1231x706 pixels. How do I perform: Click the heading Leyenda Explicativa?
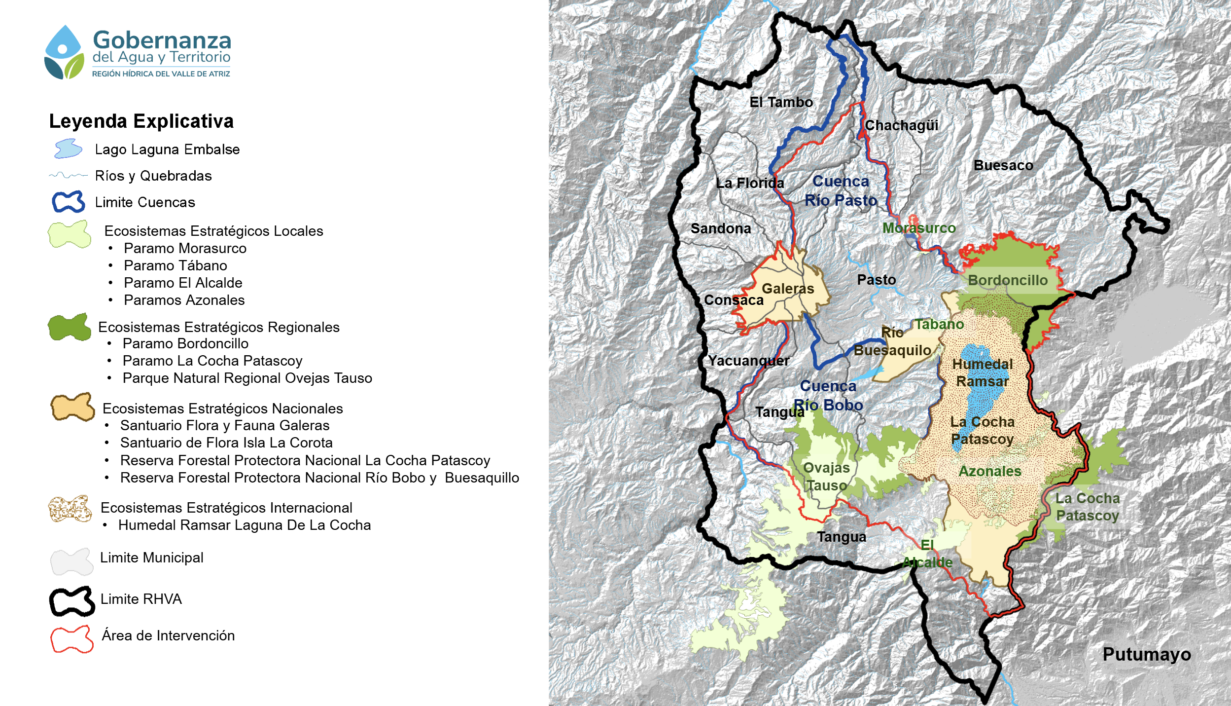[141, 121]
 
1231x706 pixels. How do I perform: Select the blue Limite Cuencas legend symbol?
[69, 202]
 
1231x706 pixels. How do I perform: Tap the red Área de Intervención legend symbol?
[71, 639]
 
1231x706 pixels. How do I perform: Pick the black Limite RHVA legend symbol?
[71, 601]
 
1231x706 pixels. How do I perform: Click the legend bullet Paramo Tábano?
[175, 265]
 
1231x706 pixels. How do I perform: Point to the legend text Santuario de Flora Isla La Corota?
[226, 443]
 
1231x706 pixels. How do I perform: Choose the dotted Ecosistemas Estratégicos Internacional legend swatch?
[70, 509]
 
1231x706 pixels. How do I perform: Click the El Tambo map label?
[781, 102]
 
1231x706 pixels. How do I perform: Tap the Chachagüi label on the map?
[901, 125]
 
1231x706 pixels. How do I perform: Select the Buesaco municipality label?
[1003, 165]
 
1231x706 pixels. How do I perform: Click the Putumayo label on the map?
[1146, 654]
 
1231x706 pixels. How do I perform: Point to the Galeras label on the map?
[787, 289]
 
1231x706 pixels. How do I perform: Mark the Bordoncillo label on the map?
[1007, 280]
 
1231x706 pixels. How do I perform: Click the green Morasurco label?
[918, 228]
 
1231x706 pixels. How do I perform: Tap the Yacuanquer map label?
[748, 361]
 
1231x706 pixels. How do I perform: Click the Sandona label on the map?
[720, 228]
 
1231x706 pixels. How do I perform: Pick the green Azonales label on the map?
[989, 471]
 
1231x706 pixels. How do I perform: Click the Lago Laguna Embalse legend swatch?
[68, 149]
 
